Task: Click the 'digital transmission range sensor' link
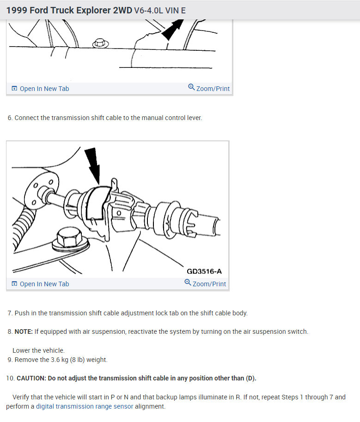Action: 85,406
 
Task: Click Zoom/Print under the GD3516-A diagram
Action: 205,283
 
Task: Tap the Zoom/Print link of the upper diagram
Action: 209,88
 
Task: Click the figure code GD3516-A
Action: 204,271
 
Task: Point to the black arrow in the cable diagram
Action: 93,165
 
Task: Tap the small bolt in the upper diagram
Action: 100,43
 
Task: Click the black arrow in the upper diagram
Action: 173,29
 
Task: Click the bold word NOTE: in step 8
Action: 24,332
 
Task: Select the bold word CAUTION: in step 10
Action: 31,378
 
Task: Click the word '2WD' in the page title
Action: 122,10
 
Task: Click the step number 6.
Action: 10,118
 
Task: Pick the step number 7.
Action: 10,313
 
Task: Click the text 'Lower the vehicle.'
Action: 38,350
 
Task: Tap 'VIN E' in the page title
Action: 176,11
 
